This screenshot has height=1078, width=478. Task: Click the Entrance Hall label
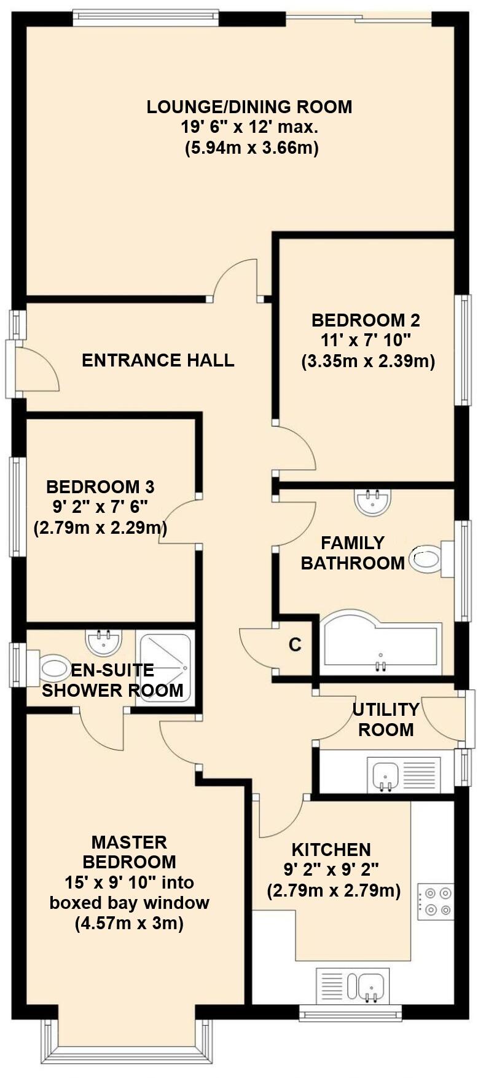158,360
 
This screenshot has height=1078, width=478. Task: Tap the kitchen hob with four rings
436,902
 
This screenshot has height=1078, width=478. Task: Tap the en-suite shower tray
165,668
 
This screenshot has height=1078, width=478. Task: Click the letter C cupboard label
296,644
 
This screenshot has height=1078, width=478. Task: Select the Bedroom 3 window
17,507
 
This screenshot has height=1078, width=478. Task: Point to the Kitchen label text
331,849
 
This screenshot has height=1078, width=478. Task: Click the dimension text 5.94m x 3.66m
252,148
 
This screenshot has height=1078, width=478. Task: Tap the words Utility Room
386,719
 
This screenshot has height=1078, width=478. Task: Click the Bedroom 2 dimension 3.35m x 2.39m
368,361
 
